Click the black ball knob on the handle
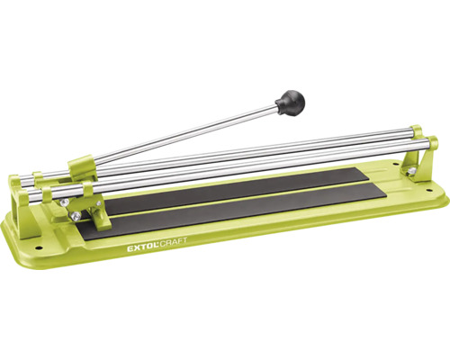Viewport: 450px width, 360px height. click(x=290, y=102)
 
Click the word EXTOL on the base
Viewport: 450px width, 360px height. click(x=141, y=247)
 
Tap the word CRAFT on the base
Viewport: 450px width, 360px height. click(x=173, y=242)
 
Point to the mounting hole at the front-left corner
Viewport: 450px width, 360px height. click(x=38, y=247)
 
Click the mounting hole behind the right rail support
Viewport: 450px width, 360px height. click(x=396, y=165)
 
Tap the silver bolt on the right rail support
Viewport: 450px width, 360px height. click(x=411, y=171)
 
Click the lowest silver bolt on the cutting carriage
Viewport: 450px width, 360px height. click(x=76, y=215)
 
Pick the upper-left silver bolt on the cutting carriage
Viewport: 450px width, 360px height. click(x=63, y=202)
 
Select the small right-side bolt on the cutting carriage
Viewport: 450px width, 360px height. click(x=99, y=203)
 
